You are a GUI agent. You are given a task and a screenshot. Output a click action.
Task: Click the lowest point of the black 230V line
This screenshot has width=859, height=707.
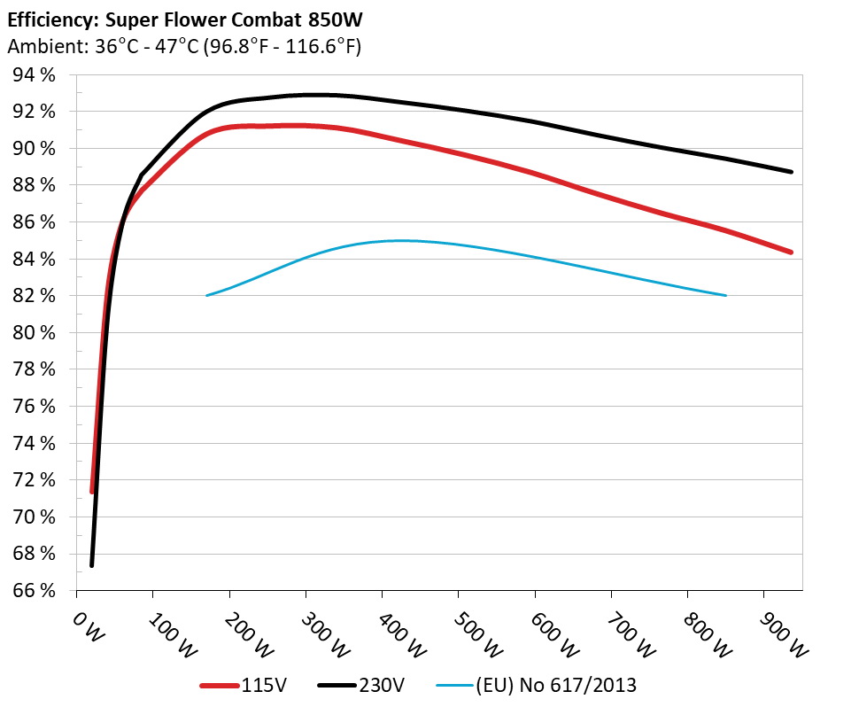point(92,565)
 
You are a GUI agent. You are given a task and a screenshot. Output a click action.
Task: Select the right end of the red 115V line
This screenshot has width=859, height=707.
point(791,252)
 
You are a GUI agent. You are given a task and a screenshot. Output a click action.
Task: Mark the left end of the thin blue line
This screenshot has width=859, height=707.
point(206,295)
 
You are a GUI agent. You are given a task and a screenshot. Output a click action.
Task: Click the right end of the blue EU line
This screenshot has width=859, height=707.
point(726,295)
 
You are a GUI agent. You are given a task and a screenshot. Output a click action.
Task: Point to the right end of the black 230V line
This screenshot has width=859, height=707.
point(791,172)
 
